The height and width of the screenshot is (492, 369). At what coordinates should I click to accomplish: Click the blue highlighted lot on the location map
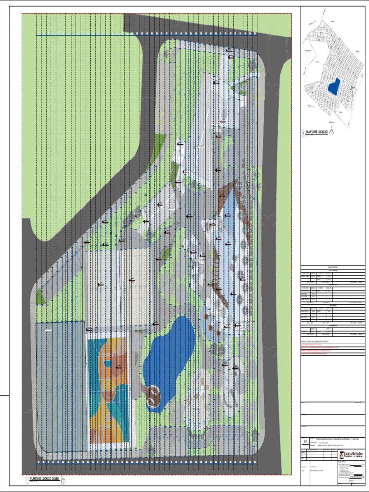[333, 86]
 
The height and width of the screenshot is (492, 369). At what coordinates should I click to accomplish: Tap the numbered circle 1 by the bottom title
[26, 480]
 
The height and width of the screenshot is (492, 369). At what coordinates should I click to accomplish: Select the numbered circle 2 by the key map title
[303, 132]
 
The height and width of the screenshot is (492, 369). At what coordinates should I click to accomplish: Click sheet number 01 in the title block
[305, 441]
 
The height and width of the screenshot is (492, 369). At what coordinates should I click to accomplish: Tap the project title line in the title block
[336, 439]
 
